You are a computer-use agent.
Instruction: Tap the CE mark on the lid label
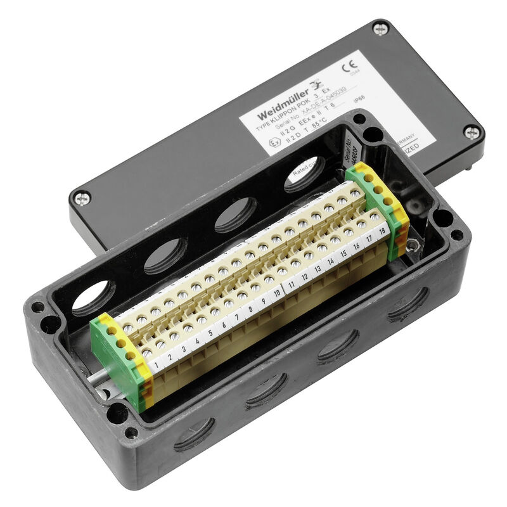click(x=348, y=68)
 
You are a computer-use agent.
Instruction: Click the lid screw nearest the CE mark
click(x=380, y=29)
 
